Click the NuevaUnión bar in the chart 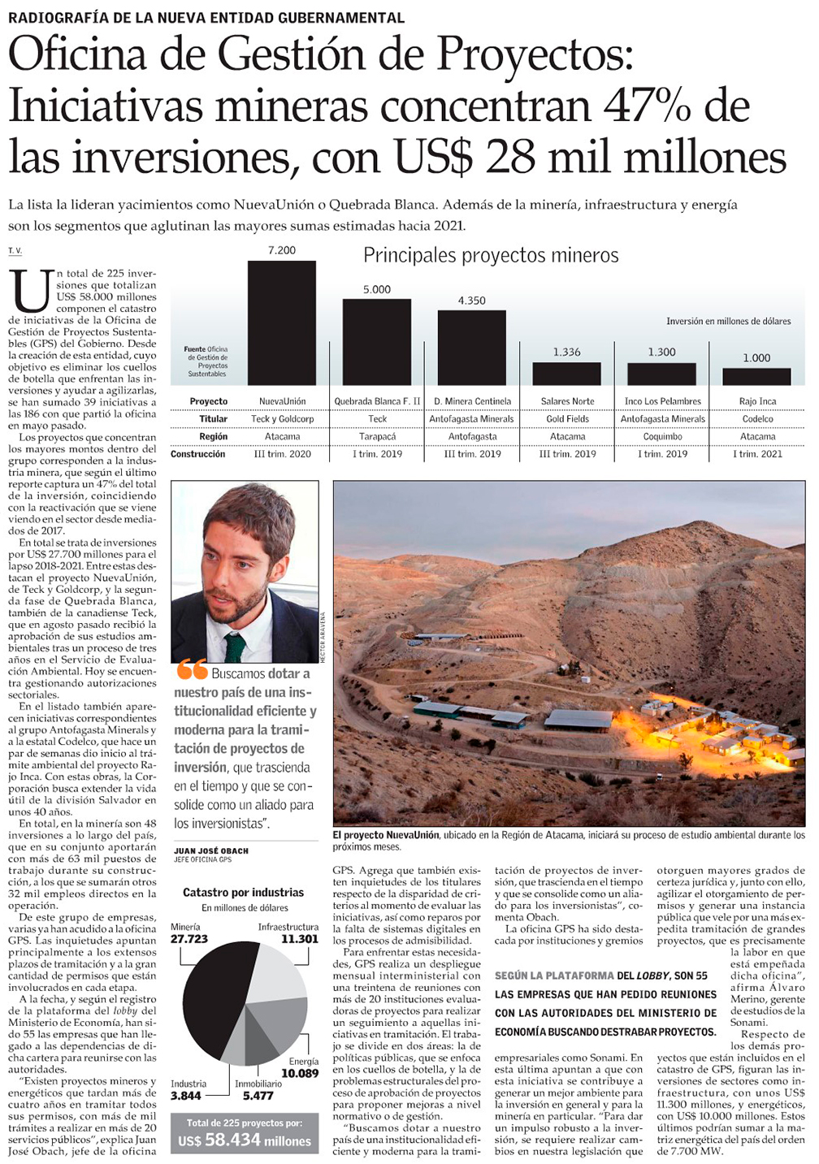282,322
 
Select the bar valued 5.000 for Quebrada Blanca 377,342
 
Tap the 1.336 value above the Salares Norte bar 567,352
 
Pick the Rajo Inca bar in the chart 756,376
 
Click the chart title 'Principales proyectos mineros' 491,256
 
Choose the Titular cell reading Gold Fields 567,419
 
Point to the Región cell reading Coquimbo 662,437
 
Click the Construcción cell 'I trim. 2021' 757,454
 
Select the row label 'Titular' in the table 213,419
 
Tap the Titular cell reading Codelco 757,419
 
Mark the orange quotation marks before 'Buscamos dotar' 192,671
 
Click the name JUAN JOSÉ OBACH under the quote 211,851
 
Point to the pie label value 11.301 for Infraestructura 299,939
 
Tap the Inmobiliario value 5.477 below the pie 258,1096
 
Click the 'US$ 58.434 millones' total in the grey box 245,1141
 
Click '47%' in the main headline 645,106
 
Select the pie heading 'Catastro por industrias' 243,893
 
